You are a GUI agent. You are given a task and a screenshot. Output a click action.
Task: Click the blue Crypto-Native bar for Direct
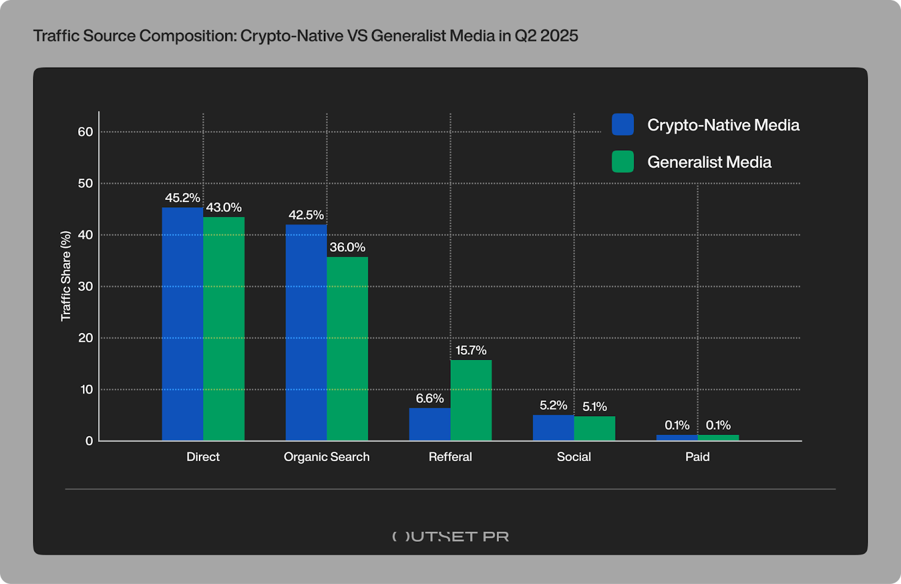point(182,324)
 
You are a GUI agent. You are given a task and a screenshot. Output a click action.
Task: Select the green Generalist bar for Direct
point(224,328)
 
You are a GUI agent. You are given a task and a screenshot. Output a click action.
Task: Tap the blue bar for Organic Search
point(306,332)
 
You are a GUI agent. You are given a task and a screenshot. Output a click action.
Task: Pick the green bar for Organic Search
point(347,349)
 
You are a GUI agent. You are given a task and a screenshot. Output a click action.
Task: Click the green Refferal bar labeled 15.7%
point(471,400)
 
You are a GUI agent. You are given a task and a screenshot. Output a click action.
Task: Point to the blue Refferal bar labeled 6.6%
point(430,424)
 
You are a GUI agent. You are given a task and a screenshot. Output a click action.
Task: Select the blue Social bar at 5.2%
point(553,427)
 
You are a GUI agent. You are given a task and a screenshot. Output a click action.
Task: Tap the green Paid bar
point(718,438)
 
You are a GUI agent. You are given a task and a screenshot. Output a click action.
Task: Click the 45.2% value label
point(182,198)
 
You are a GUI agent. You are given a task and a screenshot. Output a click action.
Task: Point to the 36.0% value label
point(347,247)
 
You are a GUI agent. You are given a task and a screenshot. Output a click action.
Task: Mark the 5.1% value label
point(595,407)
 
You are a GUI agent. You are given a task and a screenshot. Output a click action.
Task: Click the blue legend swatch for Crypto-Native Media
point(622,124)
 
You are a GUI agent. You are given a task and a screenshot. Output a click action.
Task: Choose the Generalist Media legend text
point(709,162)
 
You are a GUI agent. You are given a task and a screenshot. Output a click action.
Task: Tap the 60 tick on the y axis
point(86,132)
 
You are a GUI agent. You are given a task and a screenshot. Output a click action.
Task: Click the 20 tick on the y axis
point(86,338)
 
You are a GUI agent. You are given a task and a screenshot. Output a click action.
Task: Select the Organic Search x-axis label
point(327,457)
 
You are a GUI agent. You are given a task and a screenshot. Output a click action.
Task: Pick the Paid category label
point(697,457)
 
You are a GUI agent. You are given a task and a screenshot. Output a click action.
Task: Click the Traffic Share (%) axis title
point(66,276)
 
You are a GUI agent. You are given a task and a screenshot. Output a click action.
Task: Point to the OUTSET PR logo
point(450,536)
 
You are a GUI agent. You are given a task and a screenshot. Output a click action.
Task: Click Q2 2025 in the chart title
point(546,36)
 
